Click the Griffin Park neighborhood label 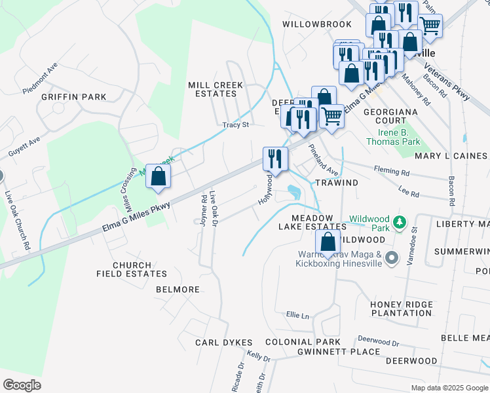click(x=73, y=97)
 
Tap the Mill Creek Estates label click(x=216, y=90)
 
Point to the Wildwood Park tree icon click(x=398, y=223)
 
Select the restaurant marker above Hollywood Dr click(x=275, y=159)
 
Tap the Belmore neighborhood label click(x=178, y=290)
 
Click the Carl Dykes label click(x=224, y=343)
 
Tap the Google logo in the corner click(x=22, y=385)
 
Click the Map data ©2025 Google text click(x=449, y=388)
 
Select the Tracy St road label click(x=236, y=124)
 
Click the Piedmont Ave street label click(x=40, y=78)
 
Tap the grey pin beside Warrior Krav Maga click(x=392, y=257)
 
